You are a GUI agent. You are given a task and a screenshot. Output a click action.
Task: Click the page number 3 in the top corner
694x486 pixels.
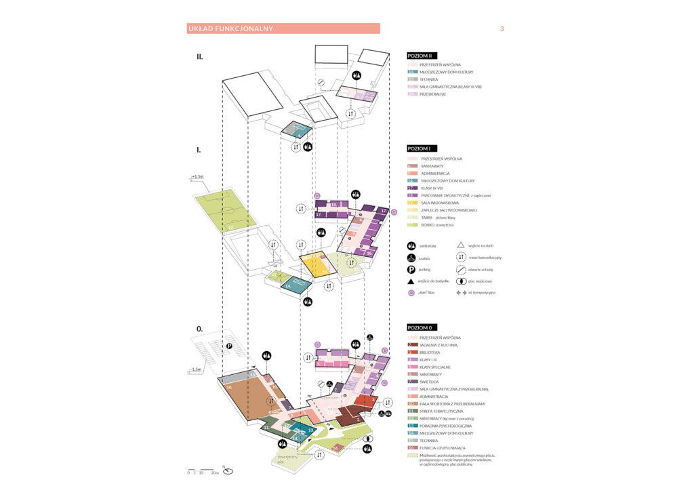[502, 28]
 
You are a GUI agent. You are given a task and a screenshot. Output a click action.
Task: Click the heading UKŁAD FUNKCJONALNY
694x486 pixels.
[230, 28]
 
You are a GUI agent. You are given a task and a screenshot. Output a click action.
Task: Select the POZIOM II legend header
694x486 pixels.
[423, 55]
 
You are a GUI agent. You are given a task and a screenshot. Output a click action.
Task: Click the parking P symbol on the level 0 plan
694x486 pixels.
[229, 346]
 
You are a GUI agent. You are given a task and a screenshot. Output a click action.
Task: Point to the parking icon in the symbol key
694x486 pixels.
[411, 270]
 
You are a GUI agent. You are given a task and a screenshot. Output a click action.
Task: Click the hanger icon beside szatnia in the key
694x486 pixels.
[411, 258]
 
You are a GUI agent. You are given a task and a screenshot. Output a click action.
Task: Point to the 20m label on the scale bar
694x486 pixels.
[214, 472]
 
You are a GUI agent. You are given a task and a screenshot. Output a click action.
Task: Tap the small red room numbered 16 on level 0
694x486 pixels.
[337, 447]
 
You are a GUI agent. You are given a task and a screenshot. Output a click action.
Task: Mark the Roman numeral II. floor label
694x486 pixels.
[200, 57]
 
